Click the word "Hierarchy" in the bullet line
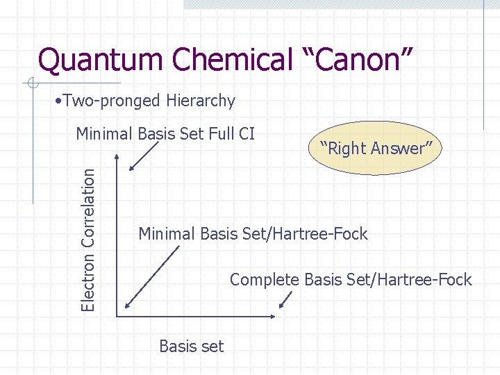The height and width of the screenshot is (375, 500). (201, 101)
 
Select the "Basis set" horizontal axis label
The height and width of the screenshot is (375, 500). (191, 346)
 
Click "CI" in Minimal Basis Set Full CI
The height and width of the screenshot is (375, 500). (246, 133)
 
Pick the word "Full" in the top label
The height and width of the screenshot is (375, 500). (220, 133)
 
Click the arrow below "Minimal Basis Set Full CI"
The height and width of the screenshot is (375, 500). (142, 156)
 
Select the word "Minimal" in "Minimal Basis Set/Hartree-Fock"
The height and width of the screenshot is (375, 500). (167, 234)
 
